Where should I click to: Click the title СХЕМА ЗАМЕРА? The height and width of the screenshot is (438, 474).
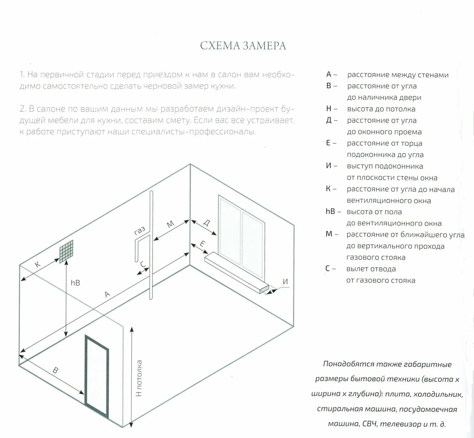coord(243,46)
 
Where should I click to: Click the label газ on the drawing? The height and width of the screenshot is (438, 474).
coord(140,231)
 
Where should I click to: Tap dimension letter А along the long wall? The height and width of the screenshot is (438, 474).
coord(107,294)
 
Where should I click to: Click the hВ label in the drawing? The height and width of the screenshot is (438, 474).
coord(75,283)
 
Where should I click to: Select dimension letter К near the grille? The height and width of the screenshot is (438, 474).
coord(38,264)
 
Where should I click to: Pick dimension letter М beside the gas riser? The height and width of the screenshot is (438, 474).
coord(171,224)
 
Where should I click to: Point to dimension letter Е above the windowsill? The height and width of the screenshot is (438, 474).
coord(202,244)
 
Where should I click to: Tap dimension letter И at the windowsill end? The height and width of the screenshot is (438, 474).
coord(285,282)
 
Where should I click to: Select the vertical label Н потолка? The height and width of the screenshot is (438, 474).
coord(139,378)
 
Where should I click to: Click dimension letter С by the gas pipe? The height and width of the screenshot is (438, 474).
coord(143,264)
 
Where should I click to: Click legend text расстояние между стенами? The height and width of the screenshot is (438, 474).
coord(398,75)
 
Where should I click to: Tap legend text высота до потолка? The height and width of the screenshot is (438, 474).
coord(381,109)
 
